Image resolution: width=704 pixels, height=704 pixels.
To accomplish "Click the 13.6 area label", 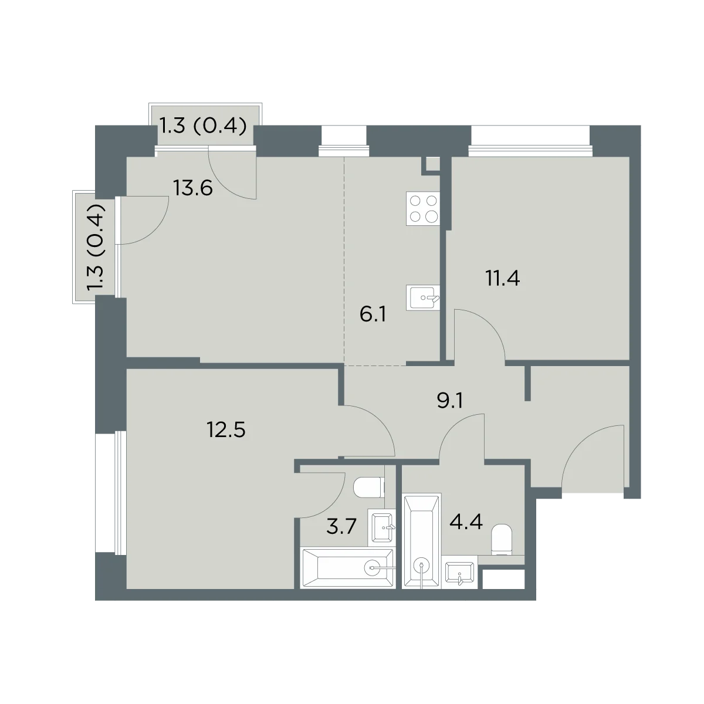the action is tap(193, 189).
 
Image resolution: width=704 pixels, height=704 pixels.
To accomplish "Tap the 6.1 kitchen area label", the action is tap(373, 314).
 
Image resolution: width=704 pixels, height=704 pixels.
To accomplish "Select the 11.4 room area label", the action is tap(502, 279).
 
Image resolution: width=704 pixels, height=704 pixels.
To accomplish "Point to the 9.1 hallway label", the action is tap(450, 401).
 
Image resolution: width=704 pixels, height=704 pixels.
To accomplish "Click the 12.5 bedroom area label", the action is tap(226, 430).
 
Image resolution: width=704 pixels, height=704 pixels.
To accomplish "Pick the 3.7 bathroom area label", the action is tap(341, 527).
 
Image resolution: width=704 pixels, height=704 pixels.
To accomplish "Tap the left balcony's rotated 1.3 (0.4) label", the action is tap(96, 248).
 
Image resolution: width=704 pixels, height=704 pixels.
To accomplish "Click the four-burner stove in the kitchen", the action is tap(423, 209).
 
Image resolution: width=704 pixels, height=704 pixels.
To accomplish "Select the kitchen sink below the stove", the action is tap(423, 298).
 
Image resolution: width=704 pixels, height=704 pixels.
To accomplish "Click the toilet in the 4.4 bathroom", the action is tap(502, 540).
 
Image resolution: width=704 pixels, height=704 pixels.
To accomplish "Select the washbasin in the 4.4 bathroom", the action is tap(459, 572).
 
